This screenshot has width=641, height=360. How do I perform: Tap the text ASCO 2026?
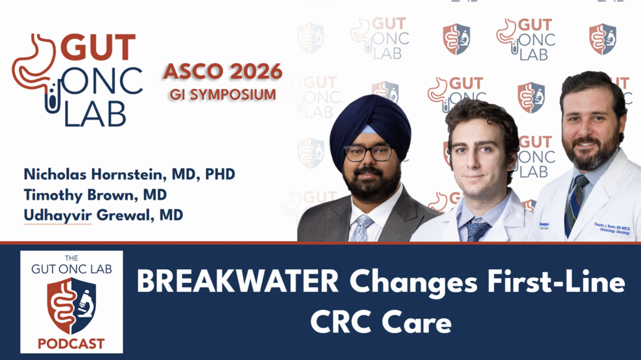point(223,72)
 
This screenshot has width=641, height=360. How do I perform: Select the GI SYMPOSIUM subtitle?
point(222,95)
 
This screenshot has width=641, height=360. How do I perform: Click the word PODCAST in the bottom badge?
point(71,344)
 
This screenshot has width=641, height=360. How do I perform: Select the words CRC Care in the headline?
point(390,323)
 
